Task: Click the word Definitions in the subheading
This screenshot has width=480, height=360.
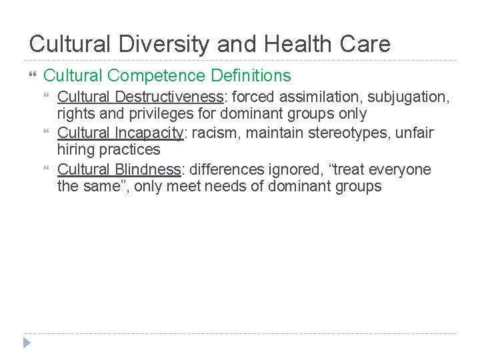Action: tap(253, 76)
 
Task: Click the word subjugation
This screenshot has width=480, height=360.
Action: tap(411, 97)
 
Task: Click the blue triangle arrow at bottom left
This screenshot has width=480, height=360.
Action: tap(26, 343)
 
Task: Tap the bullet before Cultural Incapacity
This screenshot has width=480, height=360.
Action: tap(46, 133)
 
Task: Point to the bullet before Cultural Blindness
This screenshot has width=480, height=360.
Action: tap(46, 169)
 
